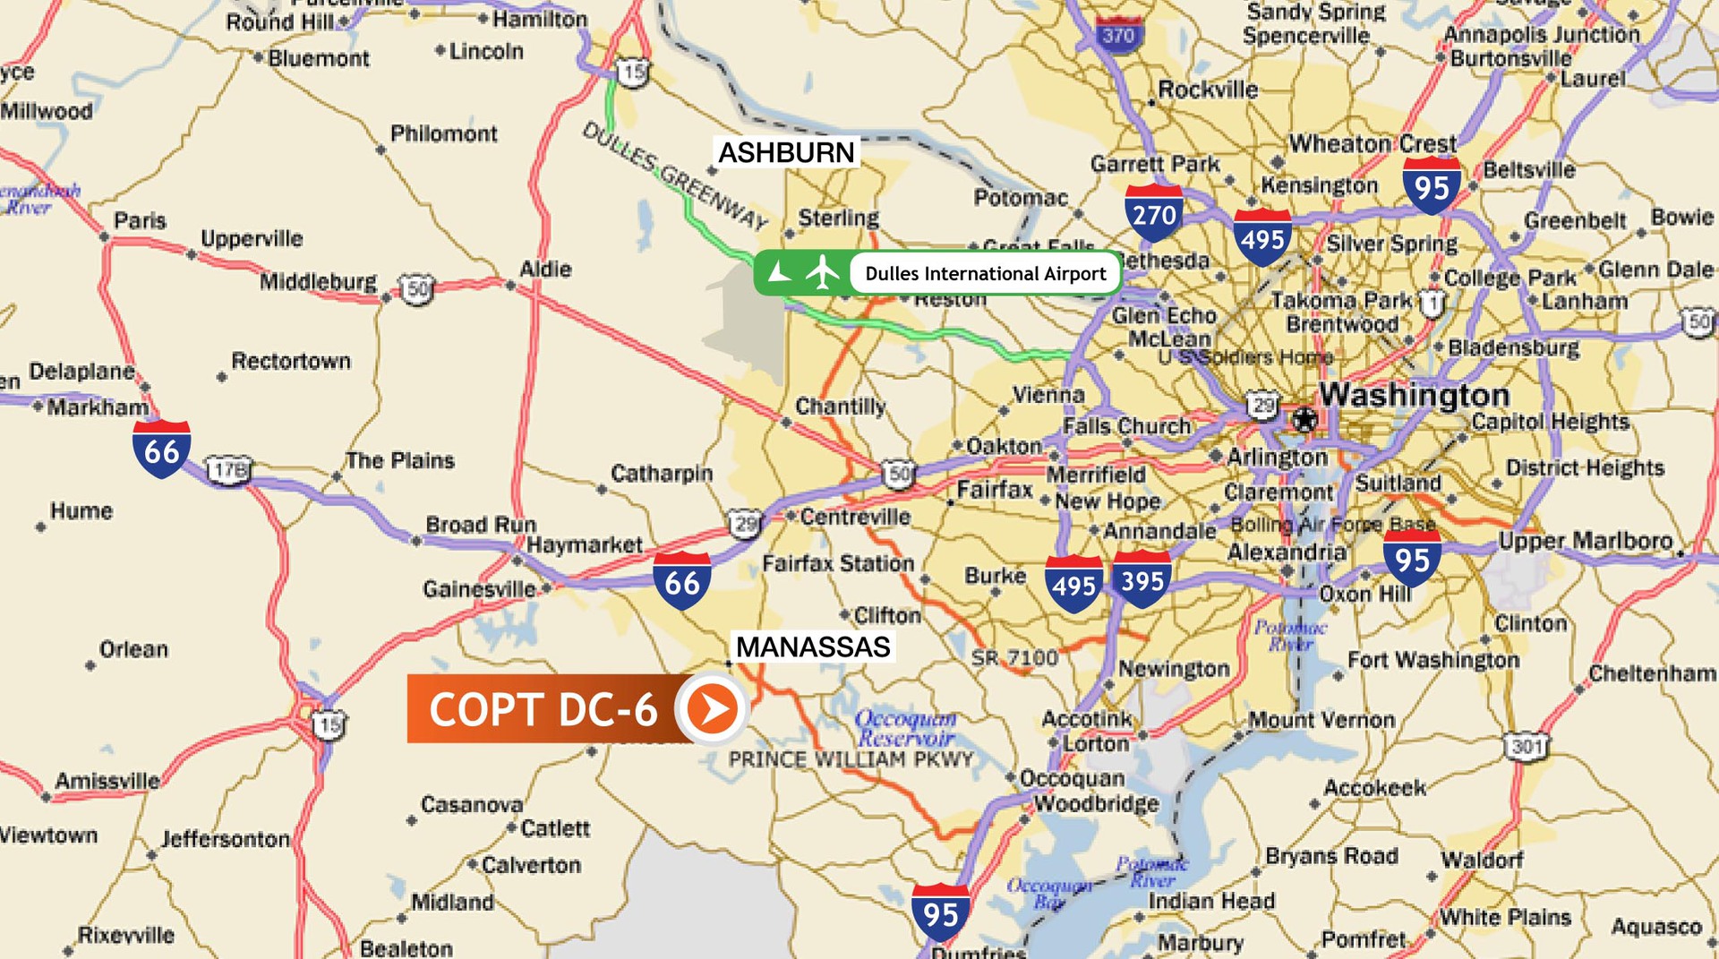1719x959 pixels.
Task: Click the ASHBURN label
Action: click(786, 152)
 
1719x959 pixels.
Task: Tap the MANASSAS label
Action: click(813, 646)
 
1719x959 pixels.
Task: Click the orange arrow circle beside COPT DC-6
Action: click(712, 709)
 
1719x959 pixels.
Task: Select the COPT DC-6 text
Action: click(543, 709)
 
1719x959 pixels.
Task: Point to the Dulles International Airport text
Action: click(985, 274)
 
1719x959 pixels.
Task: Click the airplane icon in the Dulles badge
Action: click(822, 272)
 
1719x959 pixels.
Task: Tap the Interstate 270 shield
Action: click(1153, 213)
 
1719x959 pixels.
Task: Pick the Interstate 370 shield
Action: click(1118, 35)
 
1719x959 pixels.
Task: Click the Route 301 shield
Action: click(1527, 746)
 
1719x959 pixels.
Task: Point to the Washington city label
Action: click(1415, 394)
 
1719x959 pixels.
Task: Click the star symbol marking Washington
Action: click(1304, 419)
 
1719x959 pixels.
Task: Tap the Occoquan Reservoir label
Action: click(905, 728)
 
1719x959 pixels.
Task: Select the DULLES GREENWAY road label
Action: click(675, 176)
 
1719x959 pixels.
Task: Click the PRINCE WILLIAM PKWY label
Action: click(851, 760)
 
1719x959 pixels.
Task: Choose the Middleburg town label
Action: click(318, 282)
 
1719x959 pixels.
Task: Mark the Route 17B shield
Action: click(229, 470)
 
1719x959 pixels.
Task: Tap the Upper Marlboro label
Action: click(1585, 541)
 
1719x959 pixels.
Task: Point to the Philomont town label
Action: click(443, 134)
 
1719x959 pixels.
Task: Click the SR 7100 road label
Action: click(1014, 658)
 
